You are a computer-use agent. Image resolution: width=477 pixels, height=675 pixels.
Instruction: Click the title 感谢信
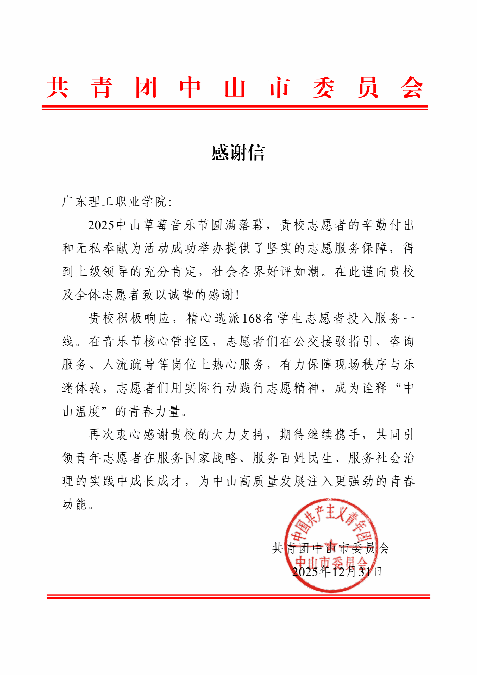pos(238,153)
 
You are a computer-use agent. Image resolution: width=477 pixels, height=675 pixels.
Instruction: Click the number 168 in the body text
pos(252,318)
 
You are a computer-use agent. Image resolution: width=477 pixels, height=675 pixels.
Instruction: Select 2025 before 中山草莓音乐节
pos(101,225)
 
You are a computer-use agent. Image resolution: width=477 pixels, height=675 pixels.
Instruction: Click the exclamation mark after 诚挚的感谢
pos(237,295)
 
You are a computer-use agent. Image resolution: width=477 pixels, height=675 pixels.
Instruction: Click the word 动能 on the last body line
pos(74,504)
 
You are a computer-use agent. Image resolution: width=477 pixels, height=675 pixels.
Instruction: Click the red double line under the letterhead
pos(235,108)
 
